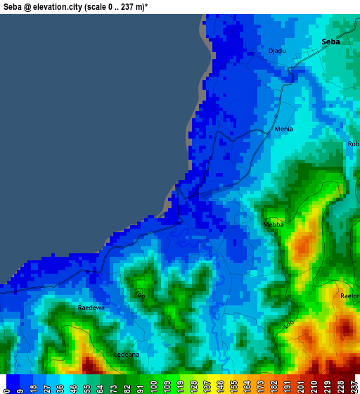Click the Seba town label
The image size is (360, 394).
[330, 42]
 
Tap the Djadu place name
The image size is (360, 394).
[277, 51]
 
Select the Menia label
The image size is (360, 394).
[283, 129]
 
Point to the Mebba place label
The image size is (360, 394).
[274, 224]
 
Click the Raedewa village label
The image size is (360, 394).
[91, 307]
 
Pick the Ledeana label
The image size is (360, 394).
[127, 355]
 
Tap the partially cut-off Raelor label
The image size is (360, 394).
[350, 296]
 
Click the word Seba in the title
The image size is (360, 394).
[15, 6]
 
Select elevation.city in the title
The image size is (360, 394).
[65, 6]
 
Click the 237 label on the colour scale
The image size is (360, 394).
[353, 386]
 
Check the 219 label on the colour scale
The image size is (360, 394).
[328, 386]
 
